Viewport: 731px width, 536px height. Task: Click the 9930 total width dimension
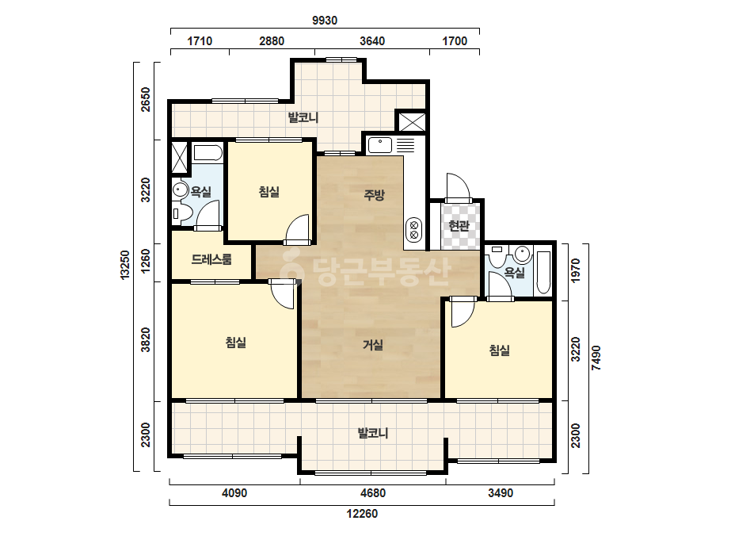pos(325,21)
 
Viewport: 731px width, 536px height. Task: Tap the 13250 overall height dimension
pos(125,265)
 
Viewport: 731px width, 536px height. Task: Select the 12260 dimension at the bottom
pos(362,514)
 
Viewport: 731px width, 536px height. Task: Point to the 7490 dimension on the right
pos(596,358)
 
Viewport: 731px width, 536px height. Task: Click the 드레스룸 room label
pos(211,259)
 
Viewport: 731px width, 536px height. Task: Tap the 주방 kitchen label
pos(374,195)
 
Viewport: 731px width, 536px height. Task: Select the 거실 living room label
pos(373,345)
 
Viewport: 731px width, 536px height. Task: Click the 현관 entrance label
pos(459,225)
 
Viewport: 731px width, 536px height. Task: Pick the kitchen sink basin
pos(380,145)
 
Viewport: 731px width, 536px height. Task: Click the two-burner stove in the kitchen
pos(413,229)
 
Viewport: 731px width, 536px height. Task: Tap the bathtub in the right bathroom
pos(543,272)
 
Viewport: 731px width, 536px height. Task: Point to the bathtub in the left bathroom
pos(208,152)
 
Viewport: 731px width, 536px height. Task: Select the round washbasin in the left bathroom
pos(180,190)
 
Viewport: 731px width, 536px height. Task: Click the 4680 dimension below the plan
pos(373,493)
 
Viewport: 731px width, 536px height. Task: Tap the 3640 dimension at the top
pos(372,41)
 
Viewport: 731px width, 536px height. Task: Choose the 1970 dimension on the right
pos(576,270)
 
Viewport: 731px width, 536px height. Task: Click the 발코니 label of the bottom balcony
pos(373,433)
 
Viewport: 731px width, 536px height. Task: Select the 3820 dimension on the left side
pos(146,340)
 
